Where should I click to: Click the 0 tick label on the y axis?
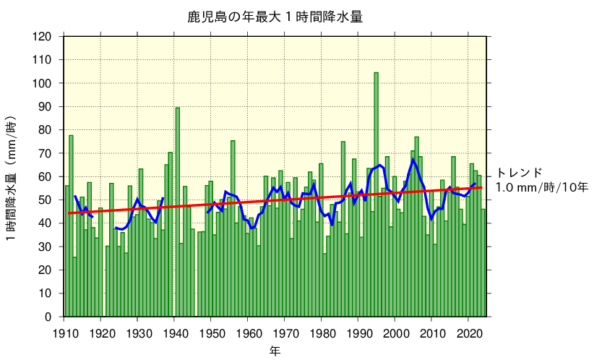(49, 317)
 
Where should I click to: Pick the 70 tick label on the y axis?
(46, 153)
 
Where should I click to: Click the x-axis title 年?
(275, 351)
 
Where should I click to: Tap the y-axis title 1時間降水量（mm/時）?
(13, 177)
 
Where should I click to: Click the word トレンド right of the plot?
(519, 173)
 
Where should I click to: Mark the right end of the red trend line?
(482, 187)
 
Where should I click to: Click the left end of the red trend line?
(69, 213)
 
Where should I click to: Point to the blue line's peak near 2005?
(413, 160)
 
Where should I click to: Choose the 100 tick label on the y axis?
(43, 84)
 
